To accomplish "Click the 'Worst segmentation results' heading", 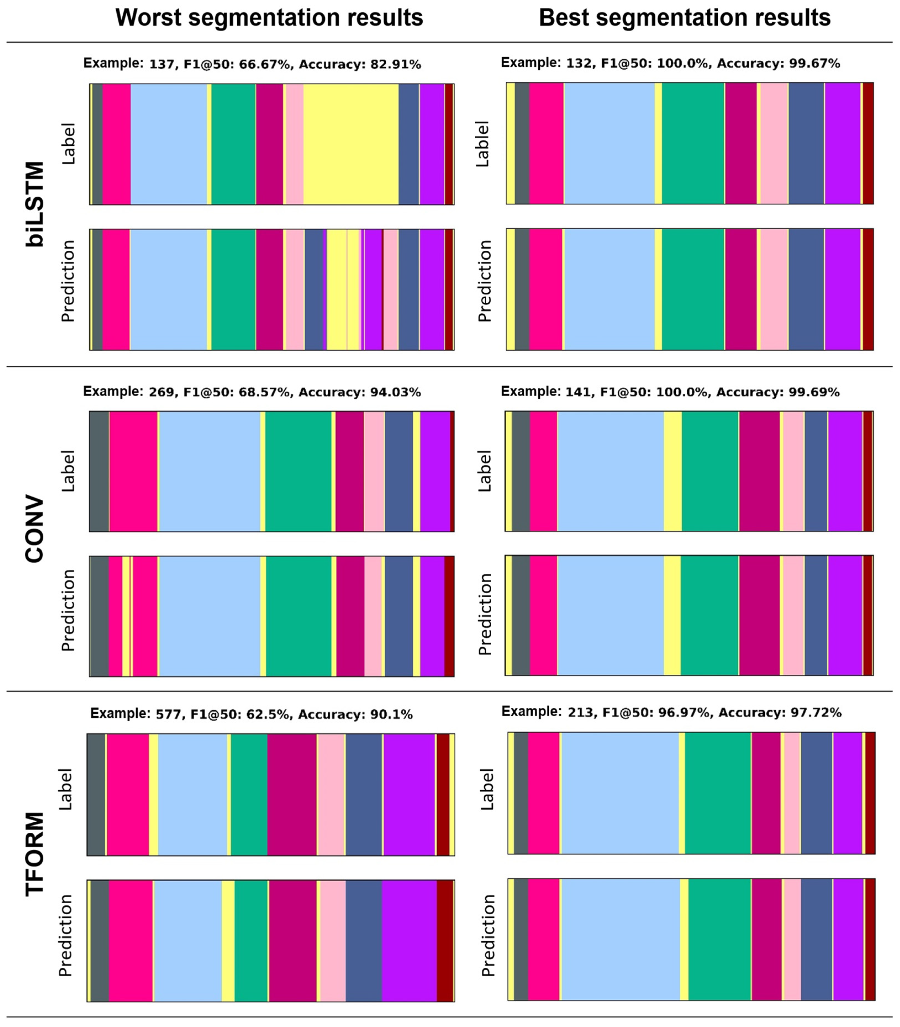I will [269, 18].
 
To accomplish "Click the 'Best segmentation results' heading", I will [685, 18].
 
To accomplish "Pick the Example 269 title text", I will [252, 392].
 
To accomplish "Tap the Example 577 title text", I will [251, 714].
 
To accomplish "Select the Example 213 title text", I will [671, 712].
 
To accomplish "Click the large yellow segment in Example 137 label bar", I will [350, 144].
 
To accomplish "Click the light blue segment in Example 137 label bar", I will [169, 144].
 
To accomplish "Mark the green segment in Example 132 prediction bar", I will [693, 289].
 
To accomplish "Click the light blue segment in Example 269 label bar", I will [210, 471].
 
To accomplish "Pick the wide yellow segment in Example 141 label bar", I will [673, 471].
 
